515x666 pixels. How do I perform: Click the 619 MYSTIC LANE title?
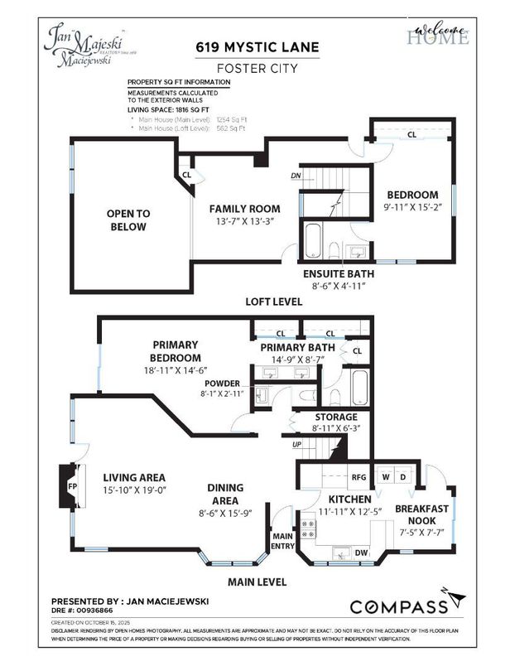(257, 47)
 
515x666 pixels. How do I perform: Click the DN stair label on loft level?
(296, 176)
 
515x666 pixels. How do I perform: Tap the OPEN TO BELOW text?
(127, 220)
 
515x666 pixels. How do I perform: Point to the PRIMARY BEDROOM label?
(175, 351)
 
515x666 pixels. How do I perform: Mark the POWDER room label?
(224, 384)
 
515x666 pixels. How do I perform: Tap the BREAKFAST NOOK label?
(421, 514)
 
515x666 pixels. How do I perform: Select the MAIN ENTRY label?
(283, 542)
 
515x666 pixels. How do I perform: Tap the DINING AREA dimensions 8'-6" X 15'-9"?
(224, 513)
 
